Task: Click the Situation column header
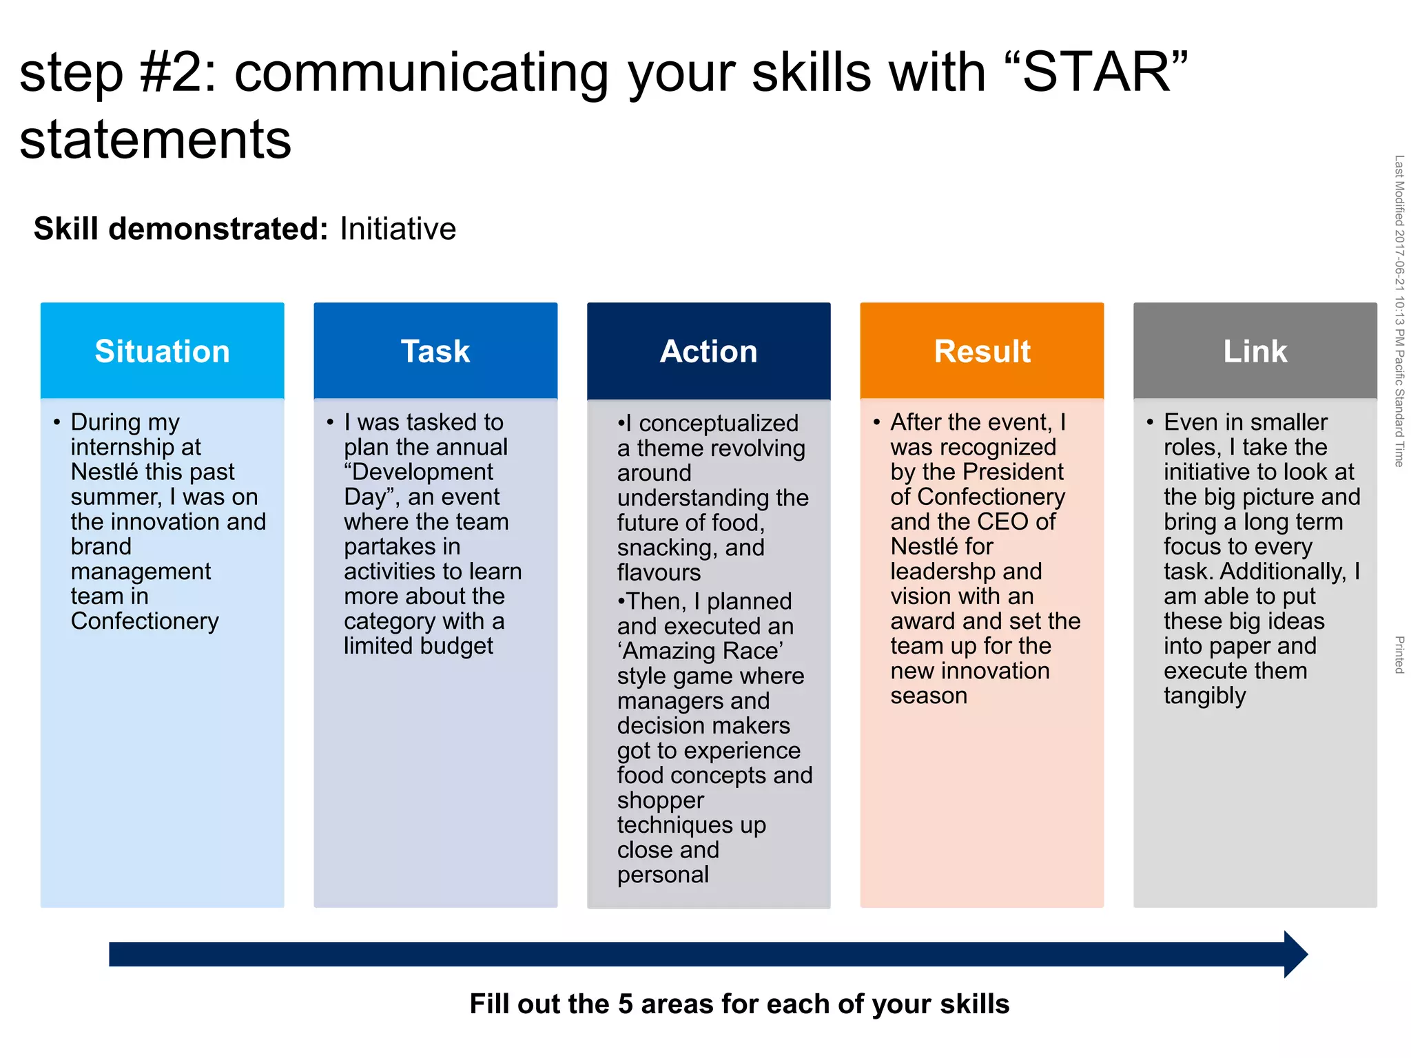pyautogui.click(x=162, y=351)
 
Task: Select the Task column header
pyautogui.click(x=435, y=351)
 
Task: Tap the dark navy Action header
pyautogui.click(x=708, y=351)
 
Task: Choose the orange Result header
pyautogui.click(x=982, y=351)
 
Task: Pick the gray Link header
pyautogui.click(x=1255, y=351)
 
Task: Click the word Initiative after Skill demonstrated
pyautogui.click(x=398, y=229)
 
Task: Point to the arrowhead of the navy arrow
pyautogui.click(x=1295, y=954)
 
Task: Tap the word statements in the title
pyautogui.click(x=156, y=140)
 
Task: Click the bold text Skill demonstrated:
pyautogui.click(x=181, y=229)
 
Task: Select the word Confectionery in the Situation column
pyautogui.click(x=145, y=621)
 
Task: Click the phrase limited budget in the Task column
pyautogui.click(x=418, y=646)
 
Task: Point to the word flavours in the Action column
pyautogui.click(x=659, y=572)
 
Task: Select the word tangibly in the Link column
pyautogui.click(x=1204, y=696)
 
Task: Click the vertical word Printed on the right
pyautogui.click(x=1399, y=654)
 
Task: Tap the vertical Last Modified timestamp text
pyautogui.click(x=1399, y=310)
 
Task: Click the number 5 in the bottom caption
pyautogui.click(x=625, y=1004)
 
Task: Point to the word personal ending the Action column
pyautogui.click(x=663, y=875)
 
